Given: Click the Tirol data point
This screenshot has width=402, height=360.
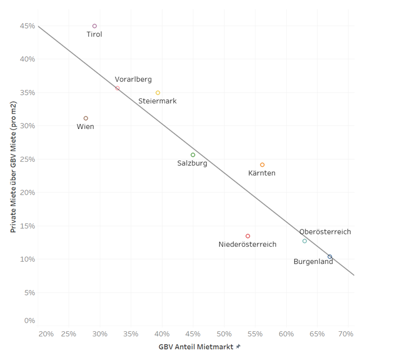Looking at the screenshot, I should pyautogui.click(x=95, y=26).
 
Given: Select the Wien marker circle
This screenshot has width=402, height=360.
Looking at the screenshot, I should pyautogui.click(x=86, y=118).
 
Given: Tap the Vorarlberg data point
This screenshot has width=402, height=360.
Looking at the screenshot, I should pyautogui.click(x=117, y=88).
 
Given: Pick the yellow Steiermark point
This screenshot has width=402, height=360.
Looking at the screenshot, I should pyautogui.click(x=158, y=93).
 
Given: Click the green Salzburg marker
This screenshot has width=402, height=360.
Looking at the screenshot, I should pyautogui.click(x=193, y=155).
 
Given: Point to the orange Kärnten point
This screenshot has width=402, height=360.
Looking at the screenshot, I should pyautogui.click(x=262, y=165).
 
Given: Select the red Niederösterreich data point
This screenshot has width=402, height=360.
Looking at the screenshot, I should pyautogui.click(x=248, y=236).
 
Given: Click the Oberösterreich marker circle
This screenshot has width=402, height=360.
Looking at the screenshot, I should pyautogui.click(x=305, y=241).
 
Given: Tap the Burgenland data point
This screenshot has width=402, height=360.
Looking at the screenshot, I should pyautogui.click(x=330, y=257).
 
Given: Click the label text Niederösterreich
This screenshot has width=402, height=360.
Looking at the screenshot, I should pyautogui.click(x=247, y=244).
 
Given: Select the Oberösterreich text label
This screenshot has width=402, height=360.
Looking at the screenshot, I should pyautogui.click(x=325, y=232).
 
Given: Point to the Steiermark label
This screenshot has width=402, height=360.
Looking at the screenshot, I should pyautogui.click(x=157, y=101).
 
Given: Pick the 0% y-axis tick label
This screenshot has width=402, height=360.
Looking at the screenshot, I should pyautogui.click(x=30, y=321).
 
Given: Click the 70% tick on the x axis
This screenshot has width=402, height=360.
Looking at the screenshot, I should pyautogui.click(x=346, y=334).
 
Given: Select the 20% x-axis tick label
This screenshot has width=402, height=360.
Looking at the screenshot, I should pyautogui.click(x=46, y=334).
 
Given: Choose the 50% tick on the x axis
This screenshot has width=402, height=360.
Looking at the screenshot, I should pyautogui.click(x=224, y=334).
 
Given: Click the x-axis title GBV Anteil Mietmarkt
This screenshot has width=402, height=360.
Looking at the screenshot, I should pyautogui.click(x=196, y=347).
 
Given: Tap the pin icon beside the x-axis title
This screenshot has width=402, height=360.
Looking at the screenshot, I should pyautogui.click(x=238, y=347).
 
